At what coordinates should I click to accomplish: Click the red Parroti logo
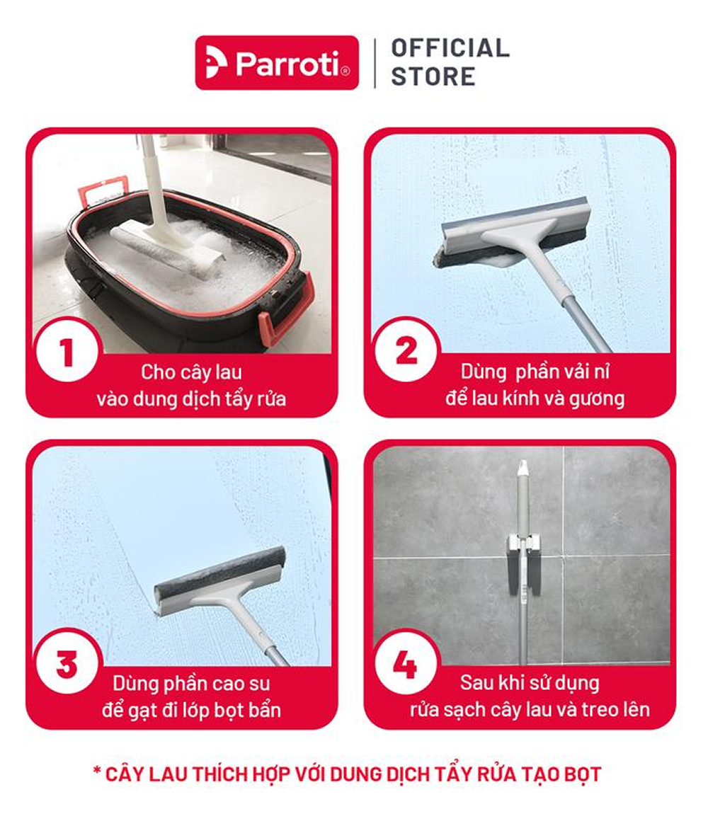click(277, 63)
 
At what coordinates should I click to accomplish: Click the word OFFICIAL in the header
click(450, 48)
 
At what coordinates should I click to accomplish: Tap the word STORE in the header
click(433, 76)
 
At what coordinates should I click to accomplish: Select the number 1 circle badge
click(67, 351)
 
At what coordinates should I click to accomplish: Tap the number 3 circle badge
click(67, 663)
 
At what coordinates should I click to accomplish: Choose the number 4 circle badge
click(406, 663)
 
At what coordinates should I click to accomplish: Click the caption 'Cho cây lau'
click(191, 372)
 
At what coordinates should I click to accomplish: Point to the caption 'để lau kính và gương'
click(535, 398)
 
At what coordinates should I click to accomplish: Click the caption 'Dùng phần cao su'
click(191, 684)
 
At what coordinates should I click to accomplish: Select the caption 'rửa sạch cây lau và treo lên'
click(530, 710)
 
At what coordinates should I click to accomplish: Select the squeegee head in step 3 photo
click(220, 581)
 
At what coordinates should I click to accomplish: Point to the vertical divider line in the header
click(375, 64)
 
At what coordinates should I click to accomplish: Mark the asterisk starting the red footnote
click(97, 770)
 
